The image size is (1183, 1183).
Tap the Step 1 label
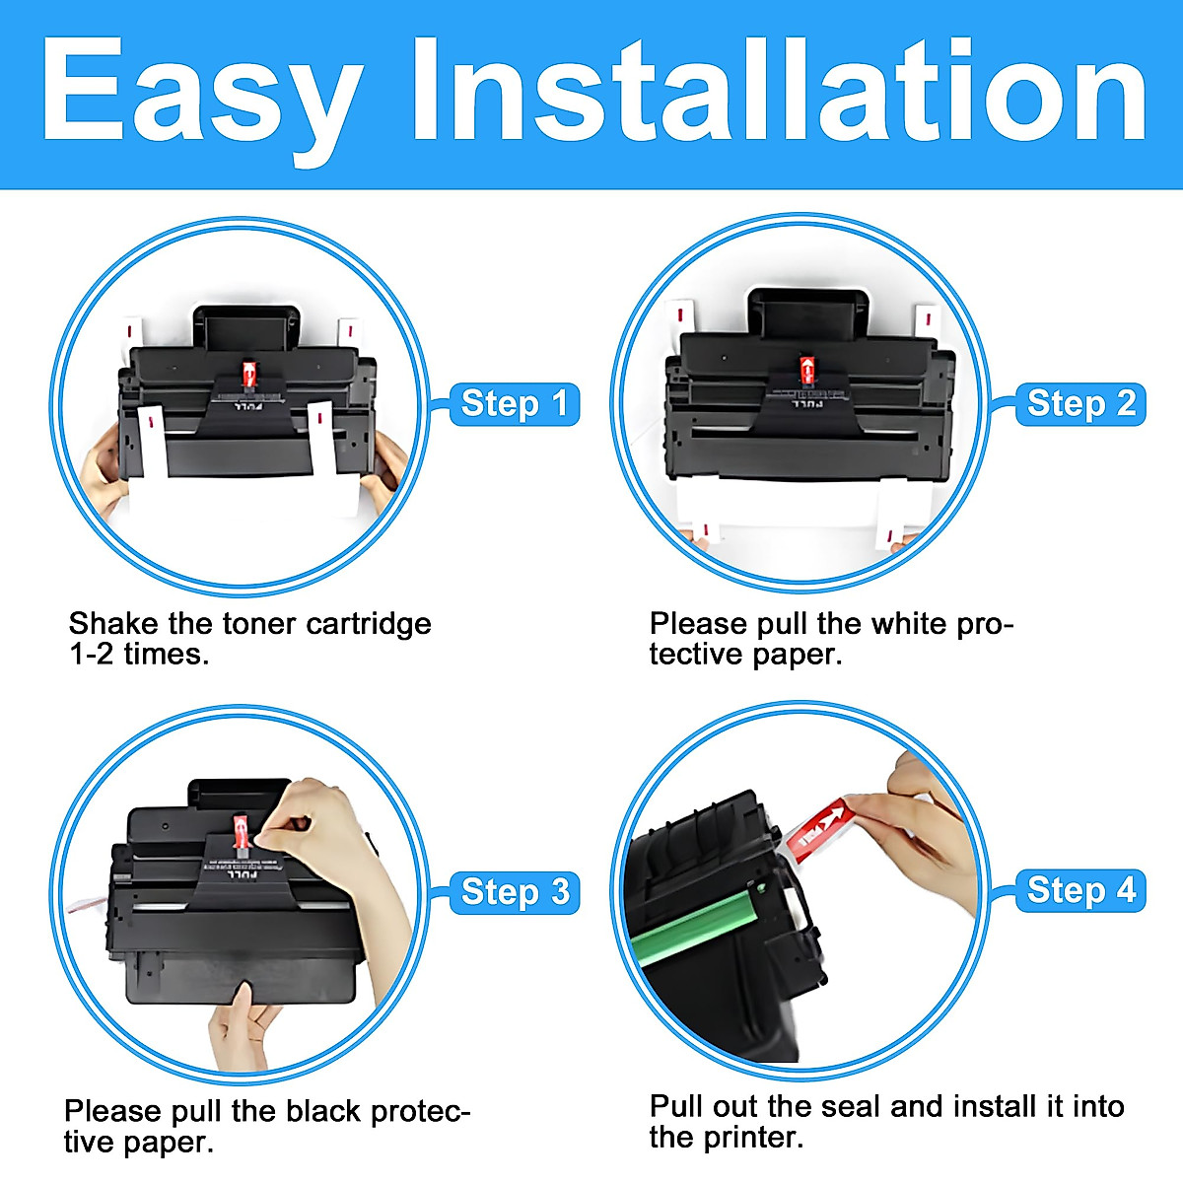[x=514, y=404]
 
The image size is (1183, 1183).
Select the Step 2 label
[x=1080, y=404]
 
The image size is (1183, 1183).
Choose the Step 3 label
[x=514, y=892]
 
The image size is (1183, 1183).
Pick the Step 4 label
[x=1080, y=890]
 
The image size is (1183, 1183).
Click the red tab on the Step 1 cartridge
[x=249, y=374]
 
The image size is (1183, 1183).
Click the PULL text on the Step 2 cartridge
[x=807, y=402]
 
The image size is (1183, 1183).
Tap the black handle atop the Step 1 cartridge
[x=245, y=326]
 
